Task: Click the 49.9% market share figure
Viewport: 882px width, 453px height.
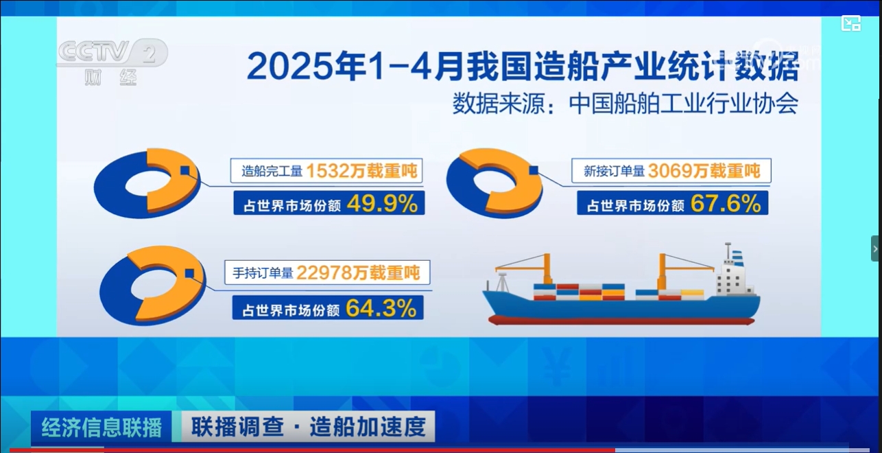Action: coord(382,204)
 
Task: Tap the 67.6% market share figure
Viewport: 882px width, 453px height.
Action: coord(726,204)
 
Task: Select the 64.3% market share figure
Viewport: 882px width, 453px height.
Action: coord(381,308)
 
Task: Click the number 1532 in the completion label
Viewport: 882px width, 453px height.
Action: coord(328,171)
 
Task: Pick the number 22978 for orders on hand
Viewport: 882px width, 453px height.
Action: coord(324,272)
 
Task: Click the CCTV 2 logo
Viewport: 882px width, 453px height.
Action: coord(113,61)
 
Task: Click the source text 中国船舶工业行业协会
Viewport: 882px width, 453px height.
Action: coord(683,104)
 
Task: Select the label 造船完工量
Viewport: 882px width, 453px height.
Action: coord(272,172)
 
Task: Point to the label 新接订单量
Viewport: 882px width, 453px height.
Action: coord(615,172)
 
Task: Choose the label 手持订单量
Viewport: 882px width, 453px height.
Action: coord(263,273)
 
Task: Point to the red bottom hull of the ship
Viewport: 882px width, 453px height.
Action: coord(621,320)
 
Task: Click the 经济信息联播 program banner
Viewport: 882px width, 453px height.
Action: coord(102,427)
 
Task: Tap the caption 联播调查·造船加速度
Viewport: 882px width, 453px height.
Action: coord(309,427)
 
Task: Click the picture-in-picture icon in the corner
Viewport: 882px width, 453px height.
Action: coord(851,23)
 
